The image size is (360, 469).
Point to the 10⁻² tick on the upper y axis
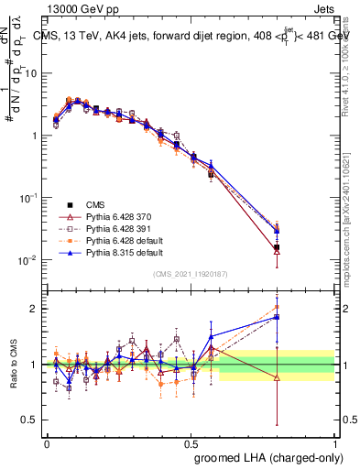27,260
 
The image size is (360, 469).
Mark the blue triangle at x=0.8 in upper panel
277,231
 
